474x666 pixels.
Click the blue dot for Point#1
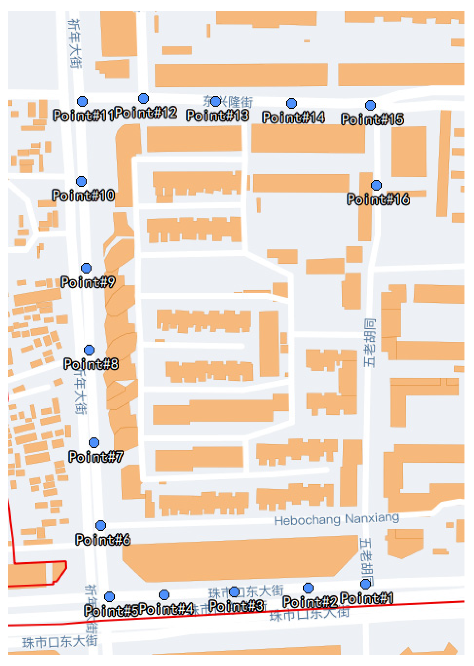pyautogui.click(x=365, y=584)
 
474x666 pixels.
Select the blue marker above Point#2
pyautogui.click(x=308, y=588)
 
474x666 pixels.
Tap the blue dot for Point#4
pyautogui.click(x=164, y=594)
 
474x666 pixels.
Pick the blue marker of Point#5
pyautogui.click(x=109, y=597)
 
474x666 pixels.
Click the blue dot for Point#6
pyautogui.click(x=101, y=525)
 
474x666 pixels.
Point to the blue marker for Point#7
pyautogui.click(x=94, y=442)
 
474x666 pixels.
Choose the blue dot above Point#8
pyautogui.click(x=89, y=350)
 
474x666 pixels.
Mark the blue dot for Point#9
pyautogui.click(x=86, y=268)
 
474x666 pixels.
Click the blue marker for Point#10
pyautogui.click(x=81, y=181)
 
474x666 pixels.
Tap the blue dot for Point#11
pyautogui.click(x=82, y=101)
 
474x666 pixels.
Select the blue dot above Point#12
pyautogui.click(x=143, y=98)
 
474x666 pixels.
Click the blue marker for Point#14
pyautogui.click(x=291, y=103)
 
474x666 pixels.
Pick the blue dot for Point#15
pyautogui.click(x=370, y=105)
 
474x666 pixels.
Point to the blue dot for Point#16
pyautogui.click(x=376, y=185)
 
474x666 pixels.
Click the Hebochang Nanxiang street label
pyautogui.click(x=337, y=519)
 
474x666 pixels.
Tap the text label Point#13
pyautogui.click(x=218, y=115)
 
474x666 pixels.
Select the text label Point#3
pyautogui.click(x=236, y=606)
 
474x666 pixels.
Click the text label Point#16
pyautogui.click(x=378, y=199)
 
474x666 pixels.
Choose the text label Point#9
pyautogui.click(x=88, y=282)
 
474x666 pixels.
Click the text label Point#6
pyautogui.click(x=102, y=539)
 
